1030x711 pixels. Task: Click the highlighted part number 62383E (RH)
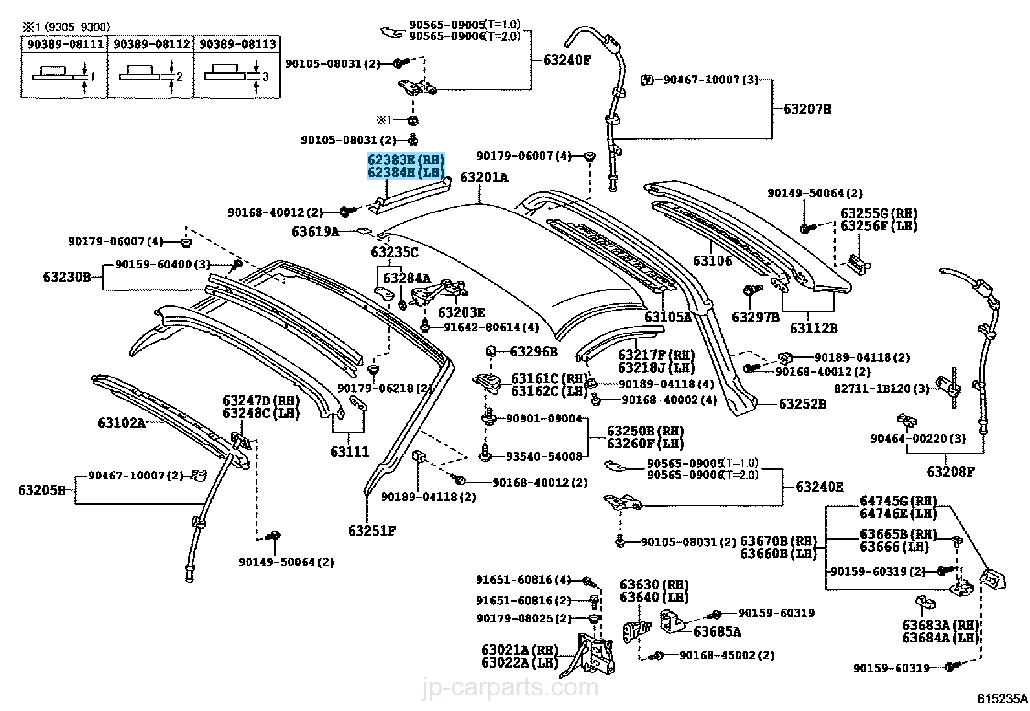(x=406, y=160)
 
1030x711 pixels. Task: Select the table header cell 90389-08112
(x=151, y=44)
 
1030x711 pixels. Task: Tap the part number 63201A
(x=484, y=177)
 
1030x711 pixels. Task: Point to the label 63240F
(x=567, y=60)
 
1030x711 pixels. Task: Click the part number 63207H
(x=807, y=109)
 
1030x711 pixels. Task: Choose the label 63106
(x=712, y=261)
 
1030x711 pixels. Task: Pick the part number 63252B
(x=802, y=404)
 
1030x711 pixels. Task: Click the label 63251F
(x=371, y=531)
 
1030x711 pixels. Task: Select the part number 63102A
(x=122, y=422)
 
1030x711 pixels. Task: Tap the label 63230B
(x=67, y=277)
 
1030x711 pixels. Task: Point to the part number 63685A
(x=718, y=632)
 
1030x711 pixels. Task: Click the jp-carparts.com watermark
(x=510, y=686)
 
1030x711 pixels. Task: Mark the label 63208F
(x=950, y=472)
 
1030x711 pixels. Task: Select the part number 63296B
(x=534, y=352)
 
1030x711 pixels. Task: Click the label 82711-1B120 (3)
(x=881, y=389)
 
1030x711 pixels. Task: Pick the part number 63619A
(x=316, y=232)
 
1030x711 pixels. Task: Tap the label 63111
(x=349, y=452)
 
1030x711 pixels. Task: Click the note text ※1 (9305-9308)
(x=67, y=27)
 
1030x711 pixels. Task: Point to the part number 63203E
(x=461, y=312)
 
